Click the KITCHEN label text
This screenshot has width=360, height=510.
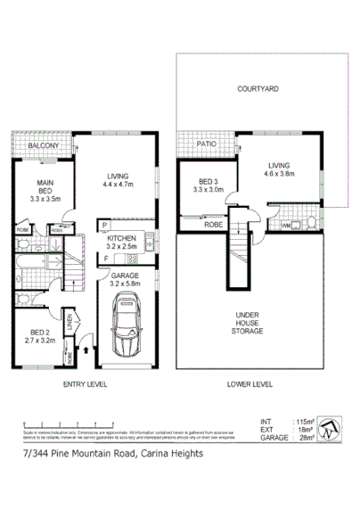(122, 239)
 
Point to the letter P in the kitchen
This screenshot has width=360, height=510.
(104, 226)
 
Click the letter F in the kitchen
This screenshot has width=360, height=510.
(104, 259)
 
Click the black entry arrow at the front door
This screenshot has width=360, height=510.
(86, 352)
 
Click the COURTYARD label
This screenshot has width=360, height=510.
(258, 89)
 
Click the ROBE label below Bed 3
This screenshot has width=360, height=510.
(213, 226)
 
